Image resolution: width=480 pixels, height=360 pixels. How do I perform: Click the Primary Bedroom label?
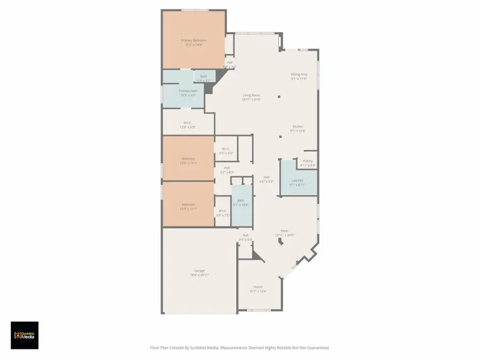click(194, 41)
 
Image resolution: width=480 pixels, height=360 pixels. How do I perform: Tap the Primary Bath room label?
click(187, 91)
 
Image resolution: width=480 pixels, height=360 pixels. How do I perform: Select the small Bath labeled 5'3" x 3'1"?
click(204, 76)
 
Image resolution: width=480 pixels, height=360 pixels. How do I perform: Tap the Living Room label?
click(251, 95)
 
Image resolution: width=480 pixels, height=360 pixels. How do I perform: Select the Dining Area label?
click(299, 75)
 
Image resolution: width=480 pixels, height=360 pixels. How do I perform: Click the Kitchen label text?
click(298, 126)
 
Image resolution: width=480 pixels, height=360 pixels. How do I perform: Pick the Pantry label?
click(308, 161)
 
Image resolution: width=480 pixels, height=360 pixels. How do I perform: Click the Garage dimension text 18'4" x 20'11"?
click(199, 275)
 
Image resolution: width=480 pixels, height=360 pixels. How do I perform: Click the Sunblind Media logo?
click(25, 335)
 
